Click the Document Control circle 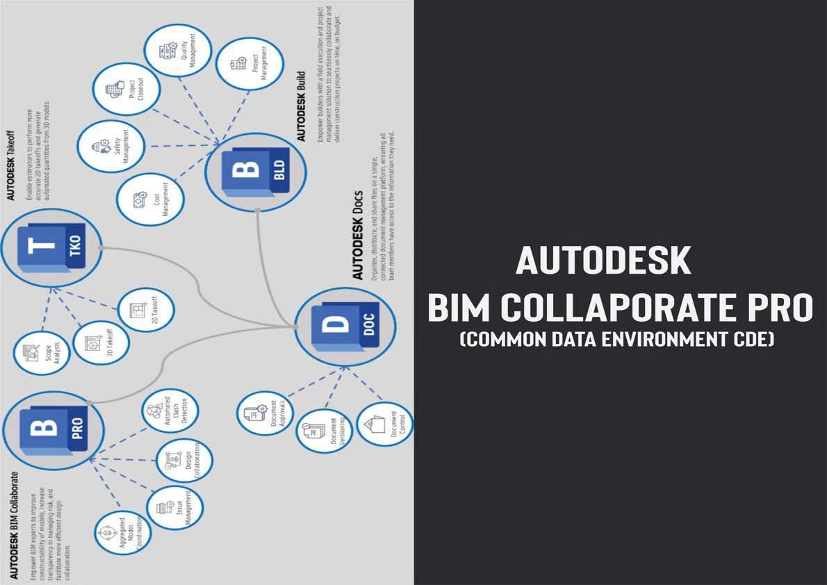(x=384, y=424)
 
